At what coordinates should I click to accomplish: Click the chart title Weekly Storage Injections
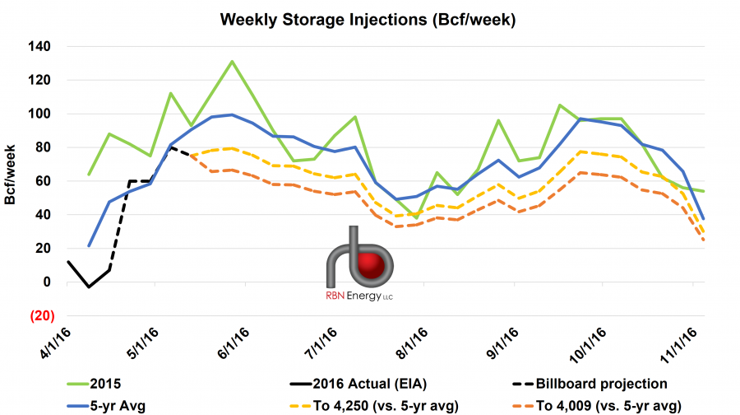tap(370, 17)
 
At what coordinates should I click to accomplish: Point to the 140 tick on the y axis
tap(39, 47)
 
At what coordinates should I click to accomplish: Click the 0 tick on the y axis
tap(46, 282)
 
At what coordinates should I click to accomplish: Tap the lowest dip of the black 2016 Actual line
tap(89, 287)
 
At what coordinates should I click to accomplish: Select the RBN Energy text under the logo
tap(354, 297)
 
